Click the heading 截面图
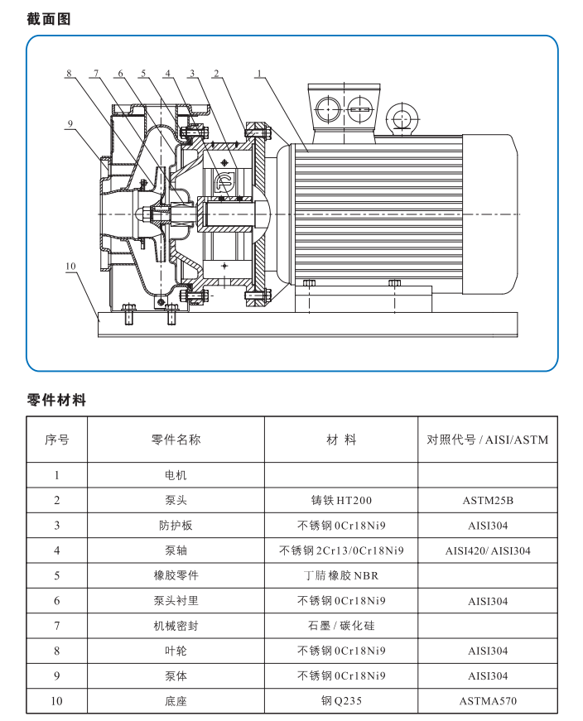(x=50, y=18)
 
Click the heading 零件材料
(x=56, y=400)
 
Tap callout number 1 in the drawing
(x=258, y=74)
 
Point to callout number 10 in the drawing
(x=70, y=266)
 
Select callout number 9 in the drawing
(x=71, y=124)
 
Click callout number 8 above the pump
(x=70, y=74)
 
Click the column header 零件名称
(x=176, y=440)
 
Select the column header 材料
(x=340, y=440)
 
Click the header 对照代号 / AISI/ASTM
(x=487, y=440)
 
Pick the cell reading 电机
(x=176, y=475)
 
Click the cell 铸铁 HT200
(x=340, y=501)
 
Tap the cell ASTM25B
(x=487, y=501)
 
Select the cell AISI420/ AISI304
(x=487, y=551)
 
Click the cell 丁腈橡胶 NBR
(x=340, y=576)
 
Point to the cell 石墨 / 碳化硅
(x=340, y=626)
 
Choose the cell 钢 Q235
(x=340, y=701)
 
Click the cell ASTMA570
(x=487, y=701)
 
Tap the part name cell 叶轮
(x=176, y=651)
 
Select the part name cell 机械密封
(x=176, y=626)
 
